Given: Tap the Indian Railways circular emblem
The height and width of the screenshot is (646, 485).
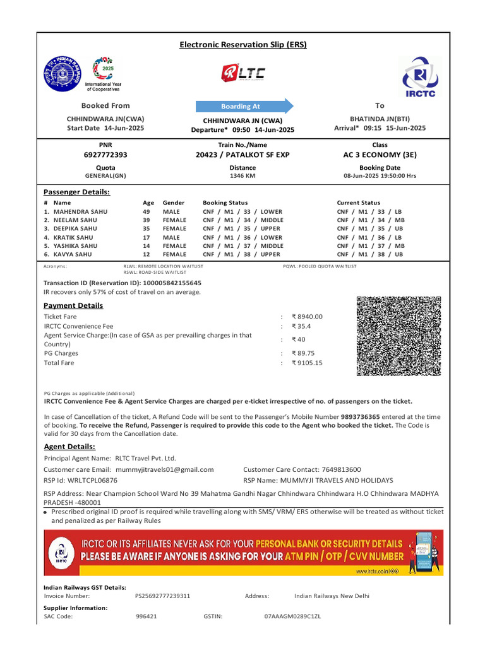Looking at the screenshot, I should [x=63, y=74].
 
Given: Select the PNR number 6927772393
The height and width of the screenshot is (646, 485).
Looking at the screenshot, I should [x=105, y=155].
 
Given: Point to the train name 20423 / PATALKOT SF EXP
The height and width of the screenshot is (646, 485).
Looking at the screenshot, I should [x=242, y=155].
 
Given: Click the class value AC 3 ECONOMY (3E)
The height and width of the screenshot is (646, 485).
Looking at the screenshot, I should [x=380, y=155].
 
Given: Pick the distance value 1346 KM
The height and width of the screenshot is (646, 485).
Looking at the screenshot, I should [x=242, y=176].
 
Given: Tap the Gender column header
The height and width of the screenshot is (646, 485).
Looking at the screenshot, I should [x=174, y=203].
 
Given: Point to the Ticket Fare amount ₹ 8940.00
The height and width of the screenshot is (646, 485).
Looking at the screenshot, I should [x=307, y=317].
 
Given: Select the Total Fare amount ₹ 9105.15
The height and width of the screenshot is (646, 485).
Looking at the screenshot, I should [x=307, y=363].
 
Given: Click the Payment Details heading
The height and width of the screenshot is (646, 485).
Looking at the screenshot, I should [x=73, y=306].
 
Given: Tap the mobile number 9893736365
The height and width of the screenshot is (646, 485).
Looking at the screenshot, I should [x=361, y=417].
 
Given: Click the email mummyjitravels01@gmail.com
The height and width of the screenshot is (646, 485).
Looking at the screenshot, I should [x=163, y=469].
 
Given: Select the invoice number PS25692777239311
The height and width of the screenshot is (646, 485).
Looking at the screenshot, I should [x=163, y=596].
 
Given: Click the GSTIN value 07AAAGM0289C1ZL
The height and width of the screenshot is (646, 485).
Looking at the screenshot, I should [x=292, y=616].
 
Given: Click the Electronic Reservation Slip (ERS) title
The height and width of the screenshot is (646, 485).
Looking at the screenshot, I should [x=242, y=45].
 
